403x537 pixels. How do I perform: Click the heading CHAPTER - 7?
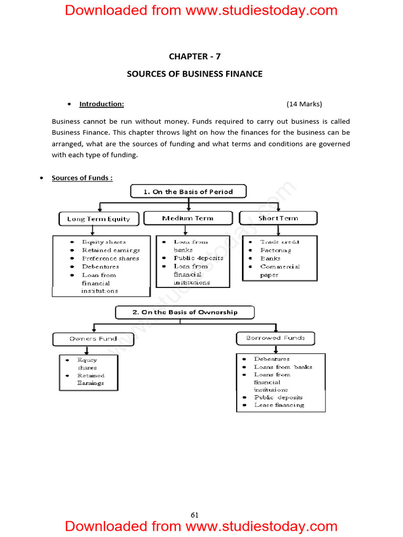pos(195,56)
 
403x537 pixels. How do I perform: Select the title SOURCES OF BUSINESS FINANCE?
pos(195,74)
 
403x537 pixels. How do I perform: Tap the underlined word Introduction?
pos(101,104)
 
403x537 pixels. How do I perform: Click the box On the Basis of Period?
pos(188,192)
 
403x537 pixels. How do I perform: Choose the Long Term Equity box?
pos(99,219)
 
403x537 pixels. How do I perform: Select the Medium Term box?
pos(188,218)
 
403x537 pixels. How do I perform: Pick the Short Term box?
pos(278,218)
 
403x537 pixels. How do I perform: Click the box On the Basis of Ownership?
pos(185,313)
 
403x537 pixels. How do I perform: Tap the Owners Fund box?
pos(93,339)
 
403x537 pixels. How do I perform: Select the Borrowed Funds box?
pos(275,338)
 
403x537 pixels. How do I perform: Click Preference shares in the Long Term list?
pos(111,259)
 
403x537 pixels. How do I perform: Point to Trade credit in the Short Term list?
pos(280,242)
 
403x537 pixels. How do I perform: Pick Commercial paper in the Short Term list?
pos(280,271)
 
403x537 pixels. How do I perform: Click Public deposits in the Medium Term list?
pos(198,258)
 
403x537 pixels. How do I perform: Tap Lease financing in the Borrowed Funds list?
pos(279,405)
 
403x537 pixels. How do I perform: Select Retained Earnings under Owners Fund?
pos(91,379)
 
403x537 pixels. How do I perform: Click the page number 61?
pos(195,515)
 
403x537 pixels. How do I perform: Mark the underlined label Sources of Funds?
pos(82,178)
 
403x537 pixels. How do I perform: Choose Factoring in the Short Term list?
pos(275,250)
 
